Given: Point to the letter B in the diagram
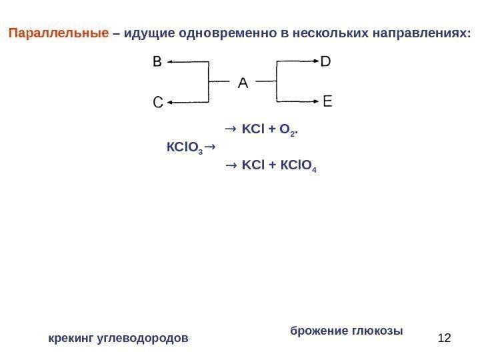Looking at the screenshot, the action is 157,62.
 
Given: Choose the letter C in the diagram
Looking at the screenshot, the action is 157,103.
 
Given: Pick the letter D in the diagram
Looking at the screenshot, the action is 326,62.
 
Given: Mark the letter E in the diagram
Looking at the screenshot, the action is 327,102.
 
